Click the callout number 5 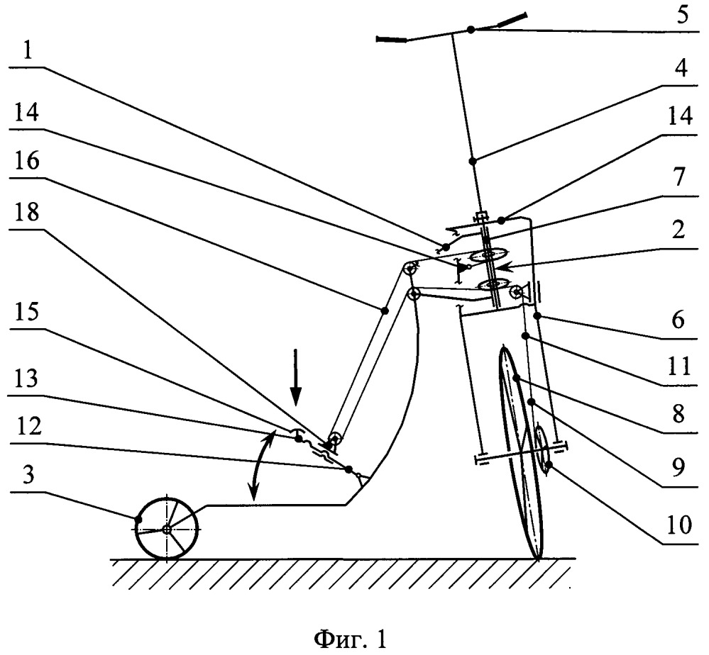click(682, 15)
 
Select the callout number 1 click(28, 51)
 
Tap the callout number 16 click(27, 161)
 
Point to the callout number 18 click(27, 212)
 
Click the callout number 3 click(28, 475)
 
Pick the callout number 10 click(678, 525)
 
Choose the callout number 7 click(679, 177)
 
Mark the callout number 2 click(678, 230)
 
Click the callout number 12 click(28, 426)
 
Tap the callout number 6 click(678, 320)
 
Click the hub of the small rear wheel click(166, 530)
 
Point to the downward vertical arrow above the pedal click(295, 376)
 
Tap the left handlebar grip click(392, 40)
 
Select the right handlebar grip click(512, 20)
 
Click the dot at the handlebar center click(471, 30)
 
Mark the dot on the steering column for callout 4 click(473, 160)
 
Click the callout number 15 click(27, 312)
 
